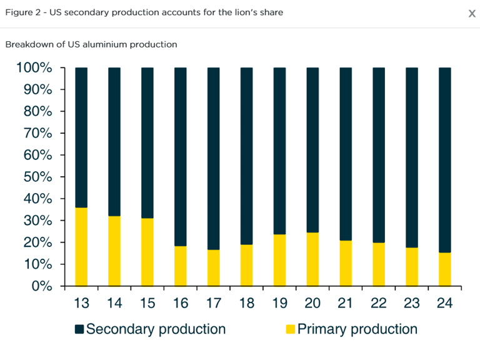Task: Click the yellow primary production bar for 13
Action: tap(81, 247)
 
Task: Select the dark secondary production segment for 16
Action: tap(180, 156)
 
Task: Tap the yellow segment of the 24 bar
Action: tap(444, 269)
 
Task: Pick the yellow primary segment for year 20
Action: tap(312, 259)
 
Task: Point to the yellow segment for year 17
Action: tap(213, 268)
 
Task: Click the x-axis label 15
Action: tap(147, 303)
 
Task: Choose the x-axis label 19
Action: tap(279, 303)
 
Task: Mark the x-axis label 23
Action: tap(411, 303)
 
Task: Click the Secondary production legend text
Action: tap(156, 329)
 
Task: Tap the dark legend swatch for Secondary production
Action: tap(79, 329)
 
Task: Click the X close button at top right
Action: tap(472, 14)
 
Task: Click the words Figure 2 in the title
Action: tap(23, 12)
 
